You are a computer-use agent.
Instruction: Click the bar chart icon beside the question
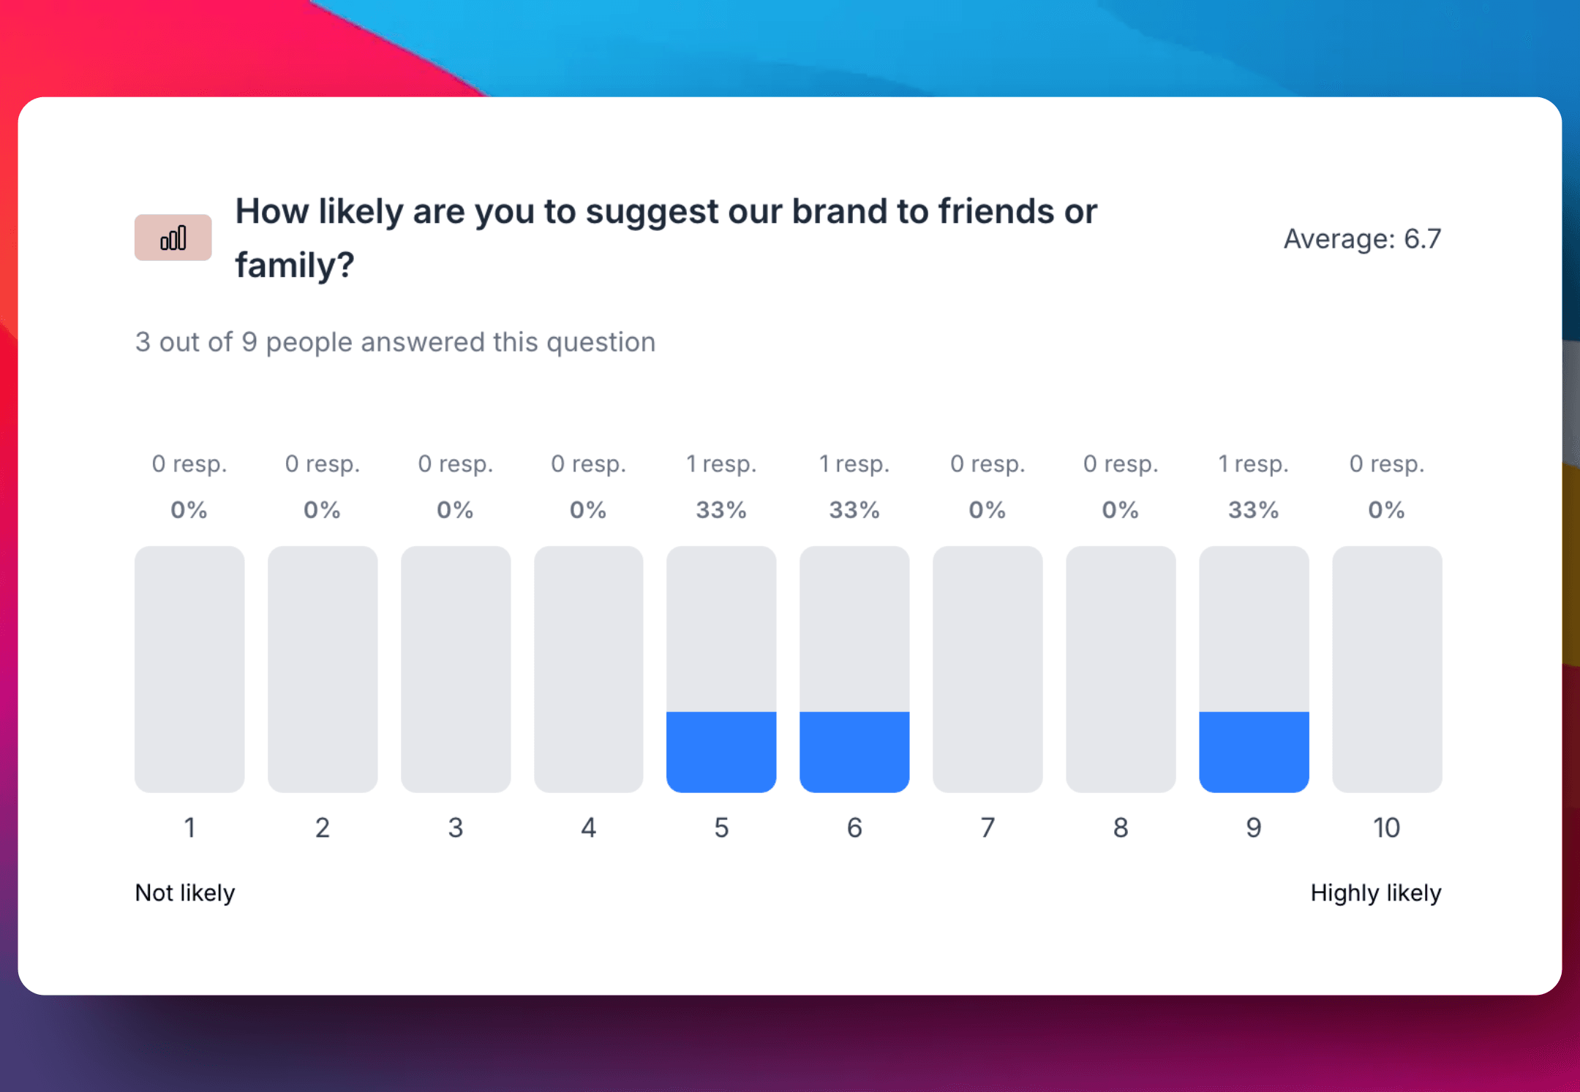[x=173, y=238]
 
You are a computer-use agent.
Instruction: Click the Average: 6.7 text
[x=1362, y=238]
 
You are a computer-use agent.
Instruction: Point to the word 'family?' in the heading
[x=295, y=265]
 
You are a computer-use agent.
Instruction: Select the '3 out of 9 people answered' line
[x=395, y=342]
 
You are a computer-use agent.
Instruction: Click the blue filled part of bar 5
[x=721, y=751]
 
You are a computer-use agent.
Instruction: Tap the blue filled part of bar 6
[x=854, y=751]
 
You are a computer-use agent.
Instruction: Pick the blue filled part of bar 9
[x=1254, y=751]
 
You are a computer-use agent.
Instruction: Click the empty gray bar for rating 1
[x=189, y=669]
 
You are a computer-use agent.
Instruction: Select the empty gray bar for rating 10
[x=1387, y=669]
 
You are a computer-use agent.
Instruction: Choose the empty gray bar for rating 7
[x=987, y=669]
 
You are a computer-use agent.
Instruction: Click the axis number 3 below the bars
[x=456, y=827]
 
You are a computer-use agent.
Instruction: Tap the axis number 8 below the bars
[x=1121, y=827]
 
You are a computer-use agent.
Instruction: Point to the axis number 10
[x=1387, y=827]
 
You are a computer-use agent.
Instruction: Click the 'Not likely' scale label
[x=185, y=892]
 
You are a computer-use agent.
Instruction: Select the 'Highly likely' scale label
[x=1375, y=892]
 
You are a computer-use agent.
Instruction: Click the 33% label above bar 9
[x=1254, y=509]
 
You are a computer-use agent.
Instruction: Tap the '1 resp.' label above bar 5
[x=721, y=463]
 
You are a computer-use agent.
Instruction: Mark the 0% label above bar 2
[x=323, y=509]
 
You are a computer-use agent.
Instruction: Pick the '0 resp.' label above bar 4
[x=589, y=463]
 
